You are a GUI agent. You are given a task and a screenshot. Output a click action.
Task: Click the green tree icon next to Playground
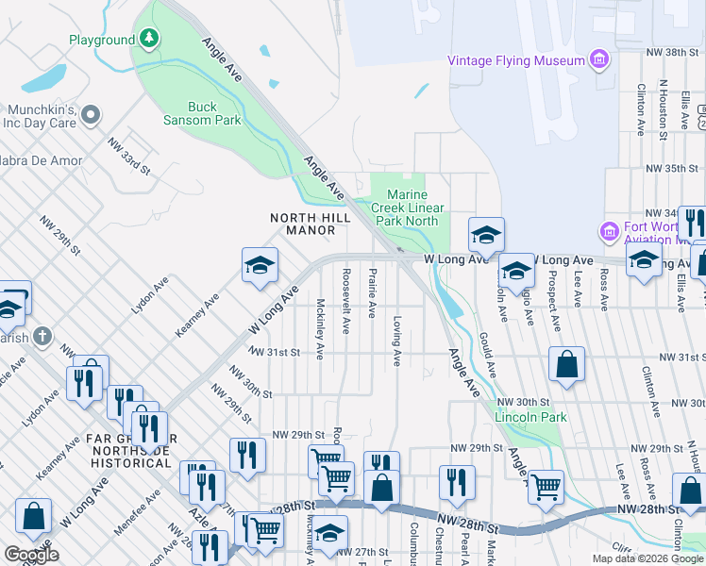(149, 39)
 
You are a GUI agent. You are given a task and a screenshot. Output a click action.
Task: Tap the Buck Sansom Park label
(214, 113)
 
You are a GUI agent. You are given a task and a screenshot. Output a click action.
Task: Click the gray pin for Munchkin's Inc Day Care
(91, 115)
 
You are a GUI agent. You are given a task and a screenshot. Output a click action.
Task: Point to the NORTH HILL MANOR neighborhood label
(311, 224)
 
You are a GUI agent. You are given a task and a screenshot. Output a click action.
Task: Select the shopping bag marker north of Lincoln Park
(565, 366)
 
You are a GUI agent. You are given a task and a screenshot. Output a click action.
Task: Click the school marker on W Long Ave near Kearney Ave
(260, 265)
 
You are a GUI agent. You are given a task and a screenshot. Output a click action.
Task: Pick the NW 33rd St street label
(129, 156)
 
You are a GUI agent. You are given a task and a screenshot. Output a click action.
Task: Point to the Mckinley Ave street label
(321, 329)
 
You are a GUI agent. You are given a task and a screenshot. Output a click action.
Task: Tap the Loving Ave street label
(396, 341)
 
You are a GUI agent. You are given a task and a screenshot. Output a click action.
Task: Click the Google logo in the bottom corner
(31, 555)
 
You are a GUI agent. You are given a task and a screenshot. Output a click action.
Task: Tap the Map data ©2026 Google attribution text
(647, 558)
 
